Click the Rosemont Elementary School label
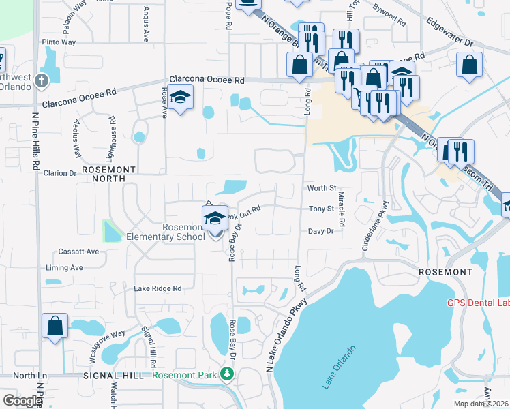coord(166,232)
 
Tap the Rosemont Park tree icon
coord(228,374)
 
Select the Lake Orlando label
coord(339,368)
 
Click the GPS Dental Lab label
coord(478,303)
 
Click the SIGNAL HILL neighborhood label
coord(113,376)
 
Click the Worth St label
coord(322,187)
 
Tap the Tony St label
coord(320,209)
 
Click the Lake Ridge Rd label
coord(157,288)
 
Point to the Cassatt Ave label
coord(78,252)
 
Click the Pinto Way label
coord(59,42)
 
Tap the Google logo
coord(22,401)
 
